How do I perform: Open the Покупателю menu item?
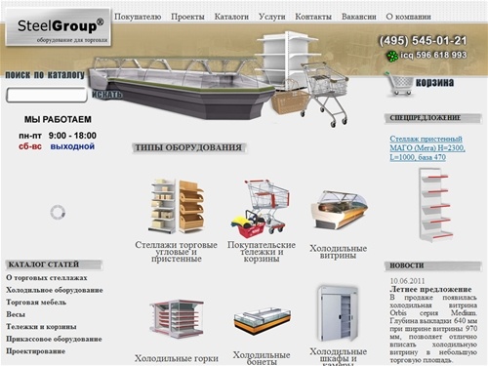point(138,18)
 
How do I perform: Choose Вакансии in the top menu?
point(357,18)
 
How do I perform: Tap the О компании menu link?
point(411,18)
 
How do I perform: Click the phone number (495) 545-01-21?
point(423,40)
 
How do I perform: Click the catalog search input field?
point(47,96)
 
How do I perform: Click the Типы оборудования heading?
point(186,147)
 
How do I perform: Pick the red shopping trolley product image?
point(255,206)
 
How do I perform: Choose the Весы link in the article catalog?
point(16,314)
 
